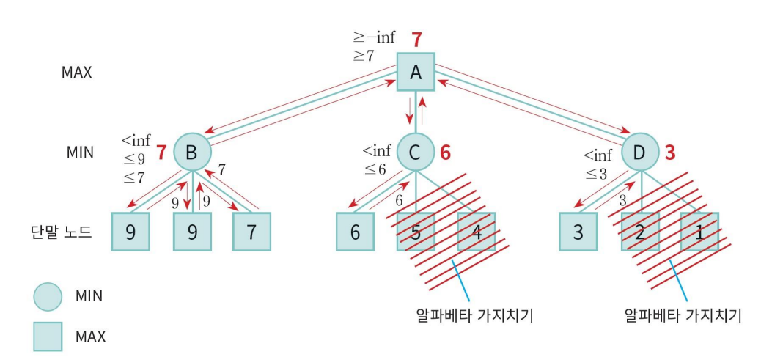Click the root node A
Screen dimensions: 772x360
(416, 71)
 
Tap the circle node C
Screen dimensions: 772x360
(416, 153)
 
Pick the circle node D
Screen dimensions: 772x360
(640, 153)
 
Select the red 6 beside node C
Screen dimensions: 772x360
(446, 153)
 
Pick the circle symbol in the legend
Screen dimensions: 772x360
(48, 297)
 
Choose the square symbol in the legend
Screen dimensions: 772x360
(48, 337)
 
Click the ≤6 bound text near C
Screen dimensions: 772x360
(377, 169)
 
